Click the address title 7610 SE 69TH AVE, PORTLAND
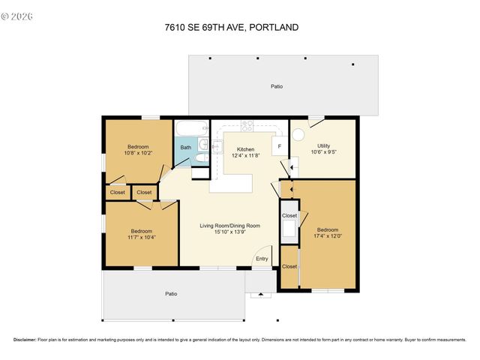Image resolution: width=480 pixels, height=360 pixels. [x=232, y=28]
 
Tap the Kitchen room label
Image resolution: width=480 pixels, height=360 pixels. [x=246, y=148]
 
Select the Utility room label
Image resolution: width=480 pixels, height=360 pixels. [x=323, y=145]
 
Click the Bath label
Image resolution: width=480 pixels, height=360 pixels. [x=185, y=148]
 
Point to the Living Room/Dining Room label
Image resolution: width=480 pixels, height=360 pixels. [x=229, y=226]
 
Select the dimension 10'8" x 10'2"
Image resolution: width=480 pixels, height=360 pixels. [x=138, y=153]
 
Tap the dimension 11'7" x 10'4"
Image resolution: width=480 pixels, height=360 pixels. [x=142, y=238]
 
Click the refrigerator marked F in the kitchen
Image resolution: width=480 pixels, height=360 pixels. [x=280, y=146]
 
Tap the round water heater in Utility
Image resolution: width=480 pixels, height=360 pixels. [x=298, y=136]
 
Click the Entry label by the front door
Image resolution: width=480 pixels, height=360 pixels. [x=262, y=259]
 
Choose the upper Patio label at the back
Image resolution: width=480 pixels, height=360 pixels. [x=277, y=87]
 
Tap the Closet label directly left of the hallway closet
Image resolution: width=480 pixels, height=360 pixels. [x=118, y=193]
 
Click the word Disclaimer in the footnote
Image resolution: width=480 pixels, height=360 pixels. [x=25, y=340]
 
